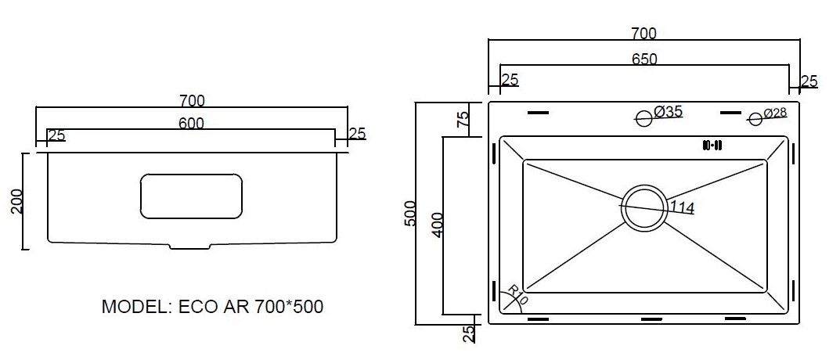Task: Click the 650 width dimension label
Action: pyautogui.click(x=644, y=59)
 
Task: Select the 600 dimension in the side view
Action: pyautogui.click(x=191, y=124)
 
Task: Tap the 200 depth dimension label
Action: pyautogui.click(x=17, y=201)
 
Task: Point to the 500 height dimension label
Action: pyautogui.click(x=410, y=213)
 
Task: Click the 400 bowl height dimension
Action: pyautogui.click(x=437, y=225)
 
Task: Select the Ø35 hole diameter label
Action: pyautogui.click(x=668, y=111)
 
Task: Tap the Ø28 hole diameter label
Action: pyautogui.click(x=775, y=113)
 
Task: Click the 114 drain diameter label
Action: pyautogui.click(x=681, y=207)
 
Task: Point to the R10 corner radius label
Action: pyautogui.click(x=517, y=294)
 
